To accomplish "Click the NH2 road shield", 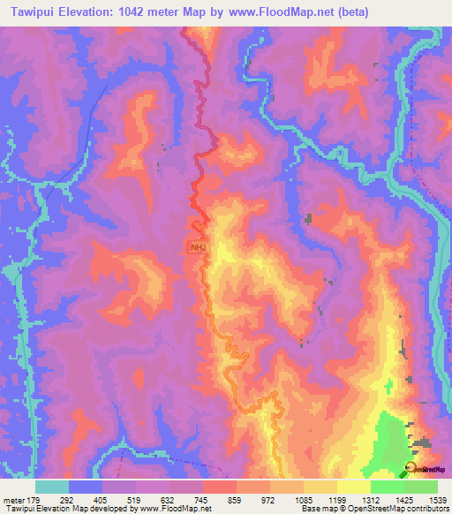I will tap(197, 248).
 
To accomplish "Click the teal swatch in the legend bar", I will tap(52, 487).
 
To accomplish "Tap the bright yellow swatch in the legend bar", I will tap(354, 487).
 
